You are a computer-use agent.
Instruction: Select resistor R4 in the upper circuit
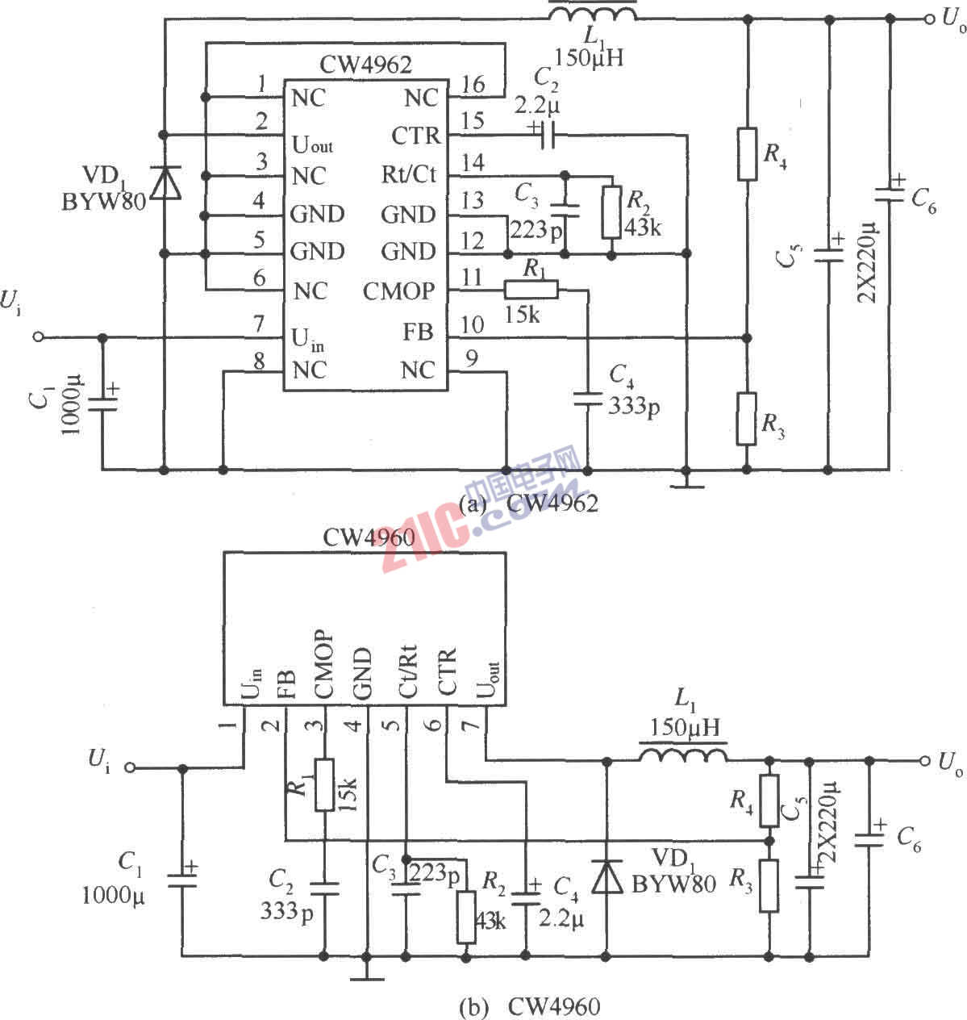click(x=747, y=153)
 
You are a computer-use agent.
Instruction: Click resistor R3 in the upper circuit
click(x=747, y=419)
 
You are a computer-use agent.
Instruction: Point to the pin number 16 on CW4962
click(x=473, y=85)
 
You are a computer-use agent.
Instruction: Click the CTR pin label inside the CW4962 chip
click(x=415, y=136)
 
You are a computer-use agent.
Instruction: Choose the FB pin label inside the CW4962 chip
click(x=419, y=332)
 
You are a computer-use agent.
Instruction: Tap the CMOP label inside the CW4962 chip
click(x=398, y=291)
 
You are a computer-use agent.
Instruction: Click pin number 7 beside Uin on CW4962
click(x=259, y=324)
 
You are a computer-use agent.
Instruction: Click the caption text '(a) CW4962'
click(x=528, y=504)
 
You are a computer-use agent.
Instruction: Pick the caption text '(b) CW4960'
click(x=528, y=1006)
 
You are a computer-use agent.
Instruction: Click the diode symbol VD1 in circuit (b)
click(x=606, y=876)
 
